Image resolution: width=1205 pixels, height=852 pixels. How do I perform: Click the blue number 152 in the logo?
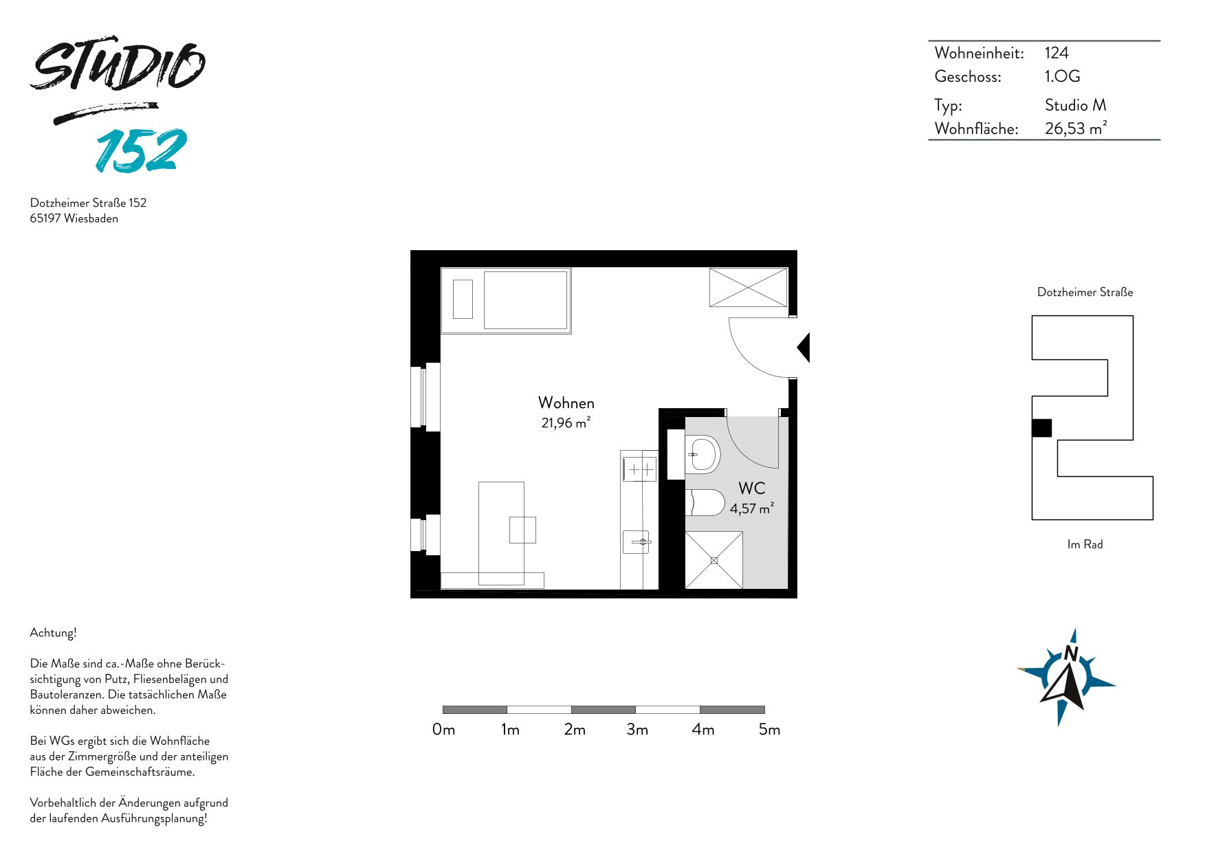tap(141, 150)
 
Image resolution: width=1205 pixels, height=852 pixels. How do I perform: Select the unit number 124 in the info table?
tap(1057, 53)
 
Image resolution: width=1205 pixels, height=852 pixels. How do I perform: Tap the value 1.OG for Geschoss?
tap(1062, 76)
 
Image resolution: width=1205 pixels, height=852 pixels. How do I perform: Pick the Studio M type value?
tap(1075, 105)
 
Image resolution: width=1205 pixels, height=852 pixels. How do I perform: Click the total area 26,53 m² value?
tap(1076, 128)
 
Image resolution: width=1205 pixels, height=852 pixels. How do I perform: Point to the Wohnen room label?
tap(566, 403)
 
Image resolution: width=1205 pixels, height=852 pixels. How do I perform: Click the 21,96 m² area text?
tap(566, 423)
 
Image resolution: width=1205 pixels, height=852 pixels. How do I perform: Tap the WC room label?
tap(751, 489)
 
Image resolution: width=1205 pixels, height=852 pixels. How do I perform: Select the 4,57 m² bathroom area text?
tap(751, 508)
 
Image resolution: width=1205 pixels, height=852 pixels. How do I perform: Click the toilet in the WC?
tap(705, 502)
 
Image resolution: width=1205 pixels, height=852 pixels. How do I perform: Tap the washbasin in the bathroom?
tap(702, 454)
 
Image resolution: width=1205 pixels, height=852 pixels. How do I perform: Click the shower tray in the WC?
tap(714, 560)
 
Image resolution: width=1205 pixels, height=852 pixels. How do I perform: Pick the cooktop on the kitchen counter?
tap(640, 469)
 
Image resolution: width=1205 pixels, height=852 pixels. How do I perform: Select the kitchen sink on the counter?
tap(637, 542)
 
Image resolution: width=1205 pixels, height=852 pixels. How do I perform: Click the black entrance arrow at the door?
tap(804, 348)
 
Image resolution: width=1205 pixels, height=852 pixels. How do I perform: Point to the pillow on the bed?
tap(463, 299)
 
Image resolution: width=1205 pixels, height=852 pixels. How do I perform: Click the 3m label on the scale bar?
tap(637, 730)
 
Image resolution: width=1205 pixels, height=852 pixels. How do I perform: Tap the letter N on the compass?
tap(1071, 653)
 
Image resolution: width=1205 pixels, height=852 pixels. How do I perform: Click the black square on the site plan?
tap(1041, 427)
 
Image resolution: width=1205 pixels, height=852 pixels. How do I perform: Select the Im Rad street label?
tap(1085, 544)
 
